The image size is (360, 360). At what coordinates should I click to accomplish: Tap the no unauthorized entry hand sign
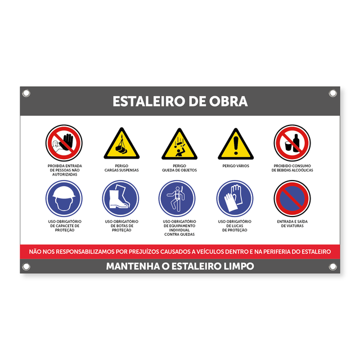coord(64,142)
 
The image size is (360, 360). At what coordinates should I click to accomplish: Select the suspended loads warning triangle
coord(121,144)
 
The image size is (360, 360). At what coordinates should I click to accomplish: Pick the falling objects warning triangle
coord(179,145)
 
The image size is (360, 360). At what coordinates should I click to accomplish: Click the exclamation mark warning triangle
coord(236,145)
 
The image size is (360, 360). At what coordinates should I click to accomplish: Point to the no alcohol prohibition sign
coord(292,142)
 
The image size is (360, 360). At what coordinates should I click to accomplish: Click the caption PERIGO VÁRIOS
coord(236,166)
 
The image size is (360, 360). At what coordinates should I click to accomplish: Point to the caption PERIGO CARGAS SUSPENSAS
coord(121,168)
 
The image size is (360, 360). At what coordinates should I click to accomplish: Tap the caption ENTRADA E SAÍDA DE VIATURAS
coord(292,224)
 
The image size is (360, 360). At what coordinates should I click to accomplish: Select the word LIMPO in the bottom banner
coord(235,266)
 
